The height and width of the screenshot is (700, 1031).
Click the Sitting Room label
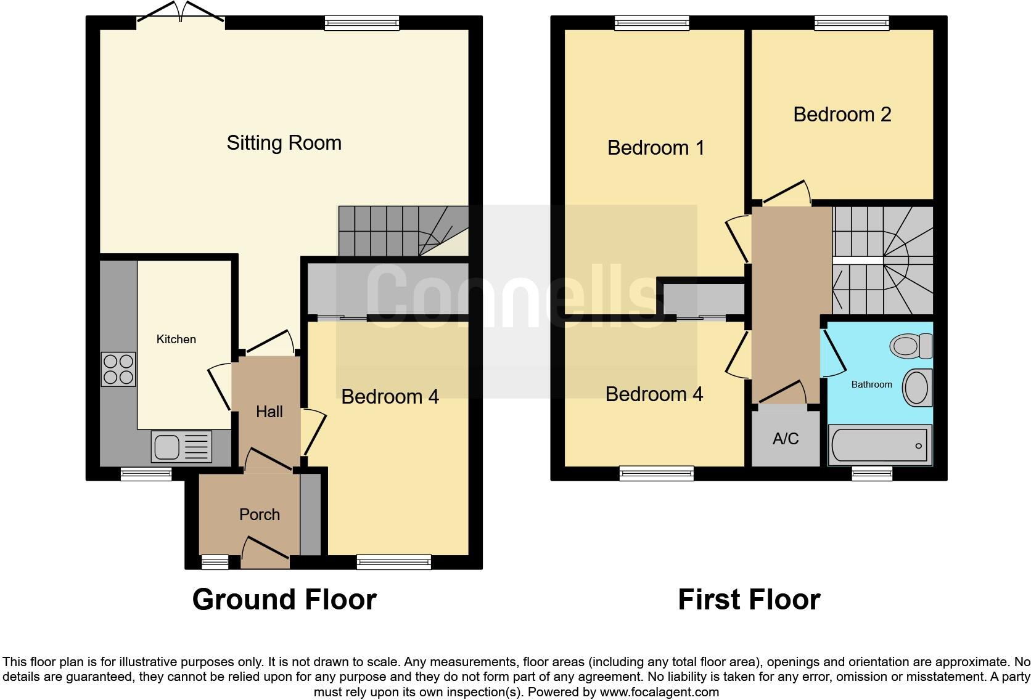coord(284,143)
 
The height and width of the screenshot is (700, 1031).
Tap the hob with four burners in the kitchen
coord(118,369)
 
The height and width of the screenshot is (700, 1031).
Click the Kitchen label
coord(176,340)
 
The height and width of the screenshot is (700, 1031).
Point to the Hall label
coord(269,412)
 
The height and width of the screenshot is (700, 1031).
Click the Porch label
coord(259,515)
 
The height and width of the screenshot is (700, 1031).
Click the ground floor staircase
coord(401,231)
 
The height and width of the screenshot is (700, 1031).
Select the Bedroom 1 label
coord(655,148)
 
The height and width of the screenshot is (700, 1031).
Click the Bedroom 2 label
coord(842,115)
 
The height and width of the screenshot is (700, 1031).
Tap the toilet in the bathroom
coord(911,345)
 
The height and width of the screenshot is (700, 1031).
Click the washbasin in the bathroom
coord(917,388)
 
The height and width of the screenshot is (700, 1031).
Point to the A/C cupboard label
coord(786,439)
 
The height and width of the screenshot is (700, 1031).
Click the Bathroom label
coord(871,385)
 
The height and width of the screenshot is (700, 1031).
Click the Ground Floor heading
coord(284,600)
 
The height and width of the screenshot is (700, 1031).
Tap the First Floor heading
coord(749,600)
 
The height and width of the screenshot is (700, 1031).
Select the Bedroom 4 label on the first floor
coord(654,394)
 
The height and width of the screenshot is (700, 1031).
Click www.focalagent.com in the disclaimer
coord(659,692)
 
